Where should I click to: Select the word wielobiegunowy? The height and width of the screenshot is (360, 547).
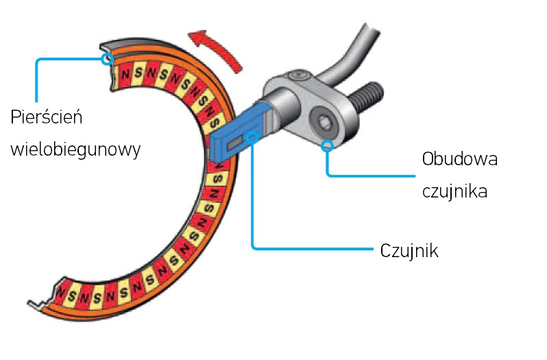[x=75, y=149]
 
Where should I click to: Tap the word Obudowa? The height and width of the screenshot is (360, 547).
[x=459, y=160]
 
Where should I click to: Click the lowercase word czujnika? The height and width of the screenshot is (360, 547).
[x=454, y=191]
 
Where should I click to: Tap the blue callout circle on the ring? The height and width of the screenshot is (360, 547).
[x=106, y=59]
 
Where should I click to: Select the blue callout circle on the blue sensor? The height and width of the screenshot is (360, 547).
[x=254, y=139]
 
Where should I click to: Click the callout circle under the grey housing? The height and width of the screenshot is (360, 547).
[x=328, y=145]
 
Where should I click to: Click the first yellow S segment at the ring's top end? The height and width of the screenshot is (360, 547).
[x=138, y=72]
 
